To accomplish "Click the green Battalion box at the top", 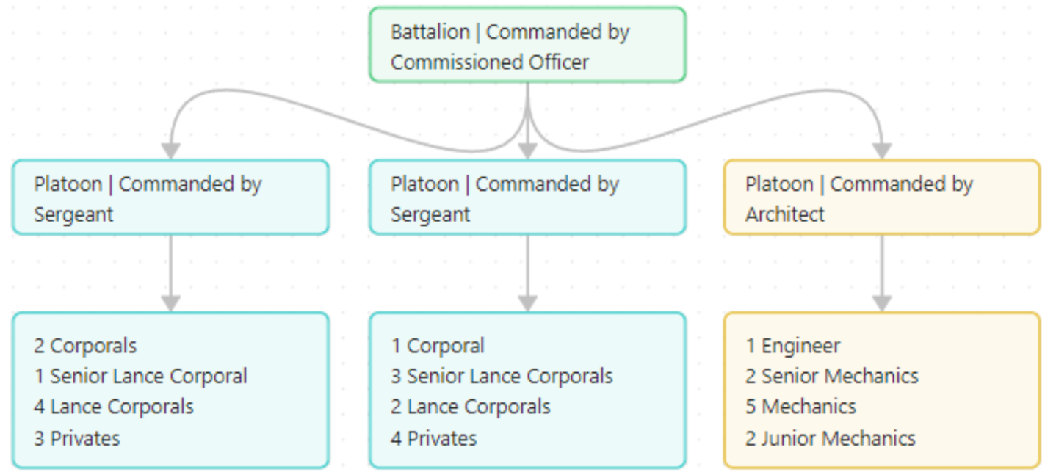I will point(527,45).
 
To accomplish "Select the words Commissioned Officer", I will point(489,62).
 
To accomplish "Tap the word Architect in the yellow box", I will point(784,214).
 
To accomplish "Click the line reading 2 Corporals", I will point(85,346).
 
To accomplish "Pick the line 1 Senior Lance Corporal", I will point(140,377).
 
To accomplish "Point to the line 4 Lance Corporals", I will point(114,407).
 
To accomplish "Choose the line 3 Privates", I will point(76,439).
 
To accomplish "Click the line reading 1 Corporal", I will point(437,346).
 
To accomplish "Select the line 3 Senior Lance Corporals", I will point(502,377).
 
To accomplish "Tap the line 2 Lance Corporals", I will point(470,407).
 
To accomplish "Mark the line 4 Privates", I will point(433,439).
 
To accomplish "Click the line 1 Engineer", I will point(792,346).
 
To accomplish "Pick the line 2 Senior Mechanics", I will point(831,377).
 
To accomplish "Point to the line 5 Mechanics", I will point(800,407).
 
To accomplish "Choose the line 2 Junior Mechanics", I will point(830,439).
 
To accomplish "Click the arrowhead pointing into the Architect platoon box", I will point(881,151).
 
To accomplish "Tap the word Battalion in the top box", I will point(430,32).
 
